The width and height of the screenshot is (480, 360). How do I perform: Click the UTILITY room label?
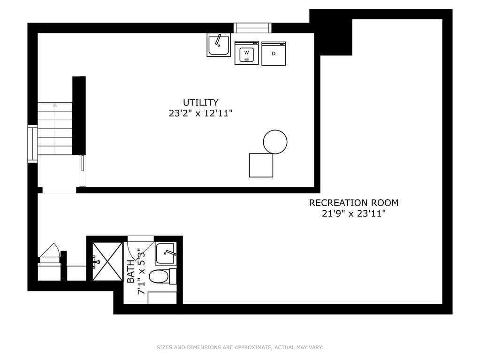pyautogui.click(x=200, y=102)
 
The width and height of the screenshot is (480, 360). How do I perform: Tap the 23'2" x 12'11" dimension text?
pyautogui.click(x=200, y=114)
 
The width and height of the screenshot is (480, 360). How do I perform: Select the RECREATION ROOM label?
pyautogui.click(x=354, y=203)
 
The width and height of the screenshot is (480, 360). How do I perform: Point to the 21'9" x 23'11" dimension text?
pyautogui.click(x=354, y=214)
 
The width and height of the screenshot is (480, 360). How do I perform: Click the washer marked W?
pyautogui.click(x=246, y=53)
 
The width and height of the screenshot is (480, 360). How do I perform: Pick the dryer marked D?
pyautogui.click(x=274, y=54)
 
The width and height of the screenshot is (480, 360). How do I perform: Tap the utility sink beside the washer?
pyautogui.click(x=219, y=45)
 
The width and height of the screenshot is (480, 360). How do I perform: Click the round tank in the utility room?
pyautogui.click(x=275, y=142)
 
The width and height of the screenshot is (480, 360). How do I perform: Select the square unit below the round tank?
pyautogui.click(x=261, y=165)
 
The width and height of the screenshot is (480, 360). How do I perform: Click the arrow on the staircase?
pyautogui.click(x=55, y=129)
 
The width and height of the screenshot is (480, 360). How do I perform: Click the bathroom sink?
pyautogui.click(x=166, y=254)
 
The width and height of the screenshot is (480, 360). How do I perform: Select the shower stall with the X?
pyautogui.click(x=107, y=261)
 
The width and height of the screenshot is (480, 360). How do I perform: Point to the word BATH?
pyautogui.click(x=130, y=271)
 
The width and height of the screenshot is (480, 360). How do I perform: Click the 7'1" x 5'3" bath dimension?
pyautogui.click(x=141, y=271)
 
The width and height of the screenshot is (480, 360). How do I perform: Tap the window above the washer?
pyautogui.click(x=252, y=28)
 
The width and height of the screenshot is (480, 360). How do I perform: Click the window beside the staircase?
pyautogui.click(x=32, y=144)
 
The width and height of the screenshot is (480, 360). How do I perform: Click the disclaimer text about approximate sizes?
pyautogui.click(x=240, y=347)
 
